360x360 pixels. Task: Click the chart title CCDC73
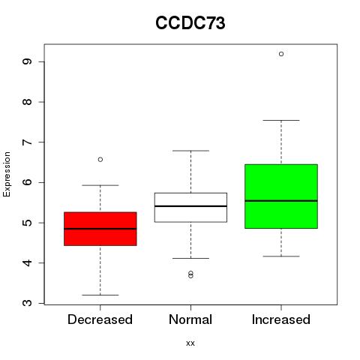pos(190,23)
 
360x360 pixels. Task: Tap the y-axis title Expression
pos(7,174)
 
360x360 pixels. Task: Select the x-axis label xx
pos(190,343)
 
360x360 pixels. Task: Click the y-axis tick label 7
pos(27,142)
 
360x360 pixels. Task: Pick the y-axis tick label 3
pos(27,303)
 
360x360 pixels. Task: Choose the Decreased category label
pos(100,319)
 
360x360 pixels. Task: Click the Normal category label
pos(190,319)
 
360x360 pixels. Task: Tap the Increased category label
pos(281,319)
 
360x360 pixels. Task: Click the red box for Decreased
pos(100,229)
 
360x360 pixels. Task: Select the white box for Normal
pos(190,208)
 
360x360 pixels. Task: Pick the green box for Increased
pos(281,196)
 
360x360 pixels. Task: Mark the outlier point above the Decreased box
pos(100,160)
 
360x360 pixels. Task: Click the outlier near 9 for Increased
pos(281,54)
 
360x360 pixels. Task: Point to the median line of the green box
pos(281,201)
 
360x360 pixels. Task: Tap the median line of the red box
pos(100,229)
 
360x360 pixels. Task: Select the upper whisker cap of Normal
pos(190,151)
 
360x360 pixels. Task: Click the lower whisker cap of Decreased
pos(100,295)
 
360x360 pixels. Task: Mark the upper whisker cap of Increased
pos(281,120)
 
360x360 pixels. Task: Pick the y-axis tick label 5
pos(27,223)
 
